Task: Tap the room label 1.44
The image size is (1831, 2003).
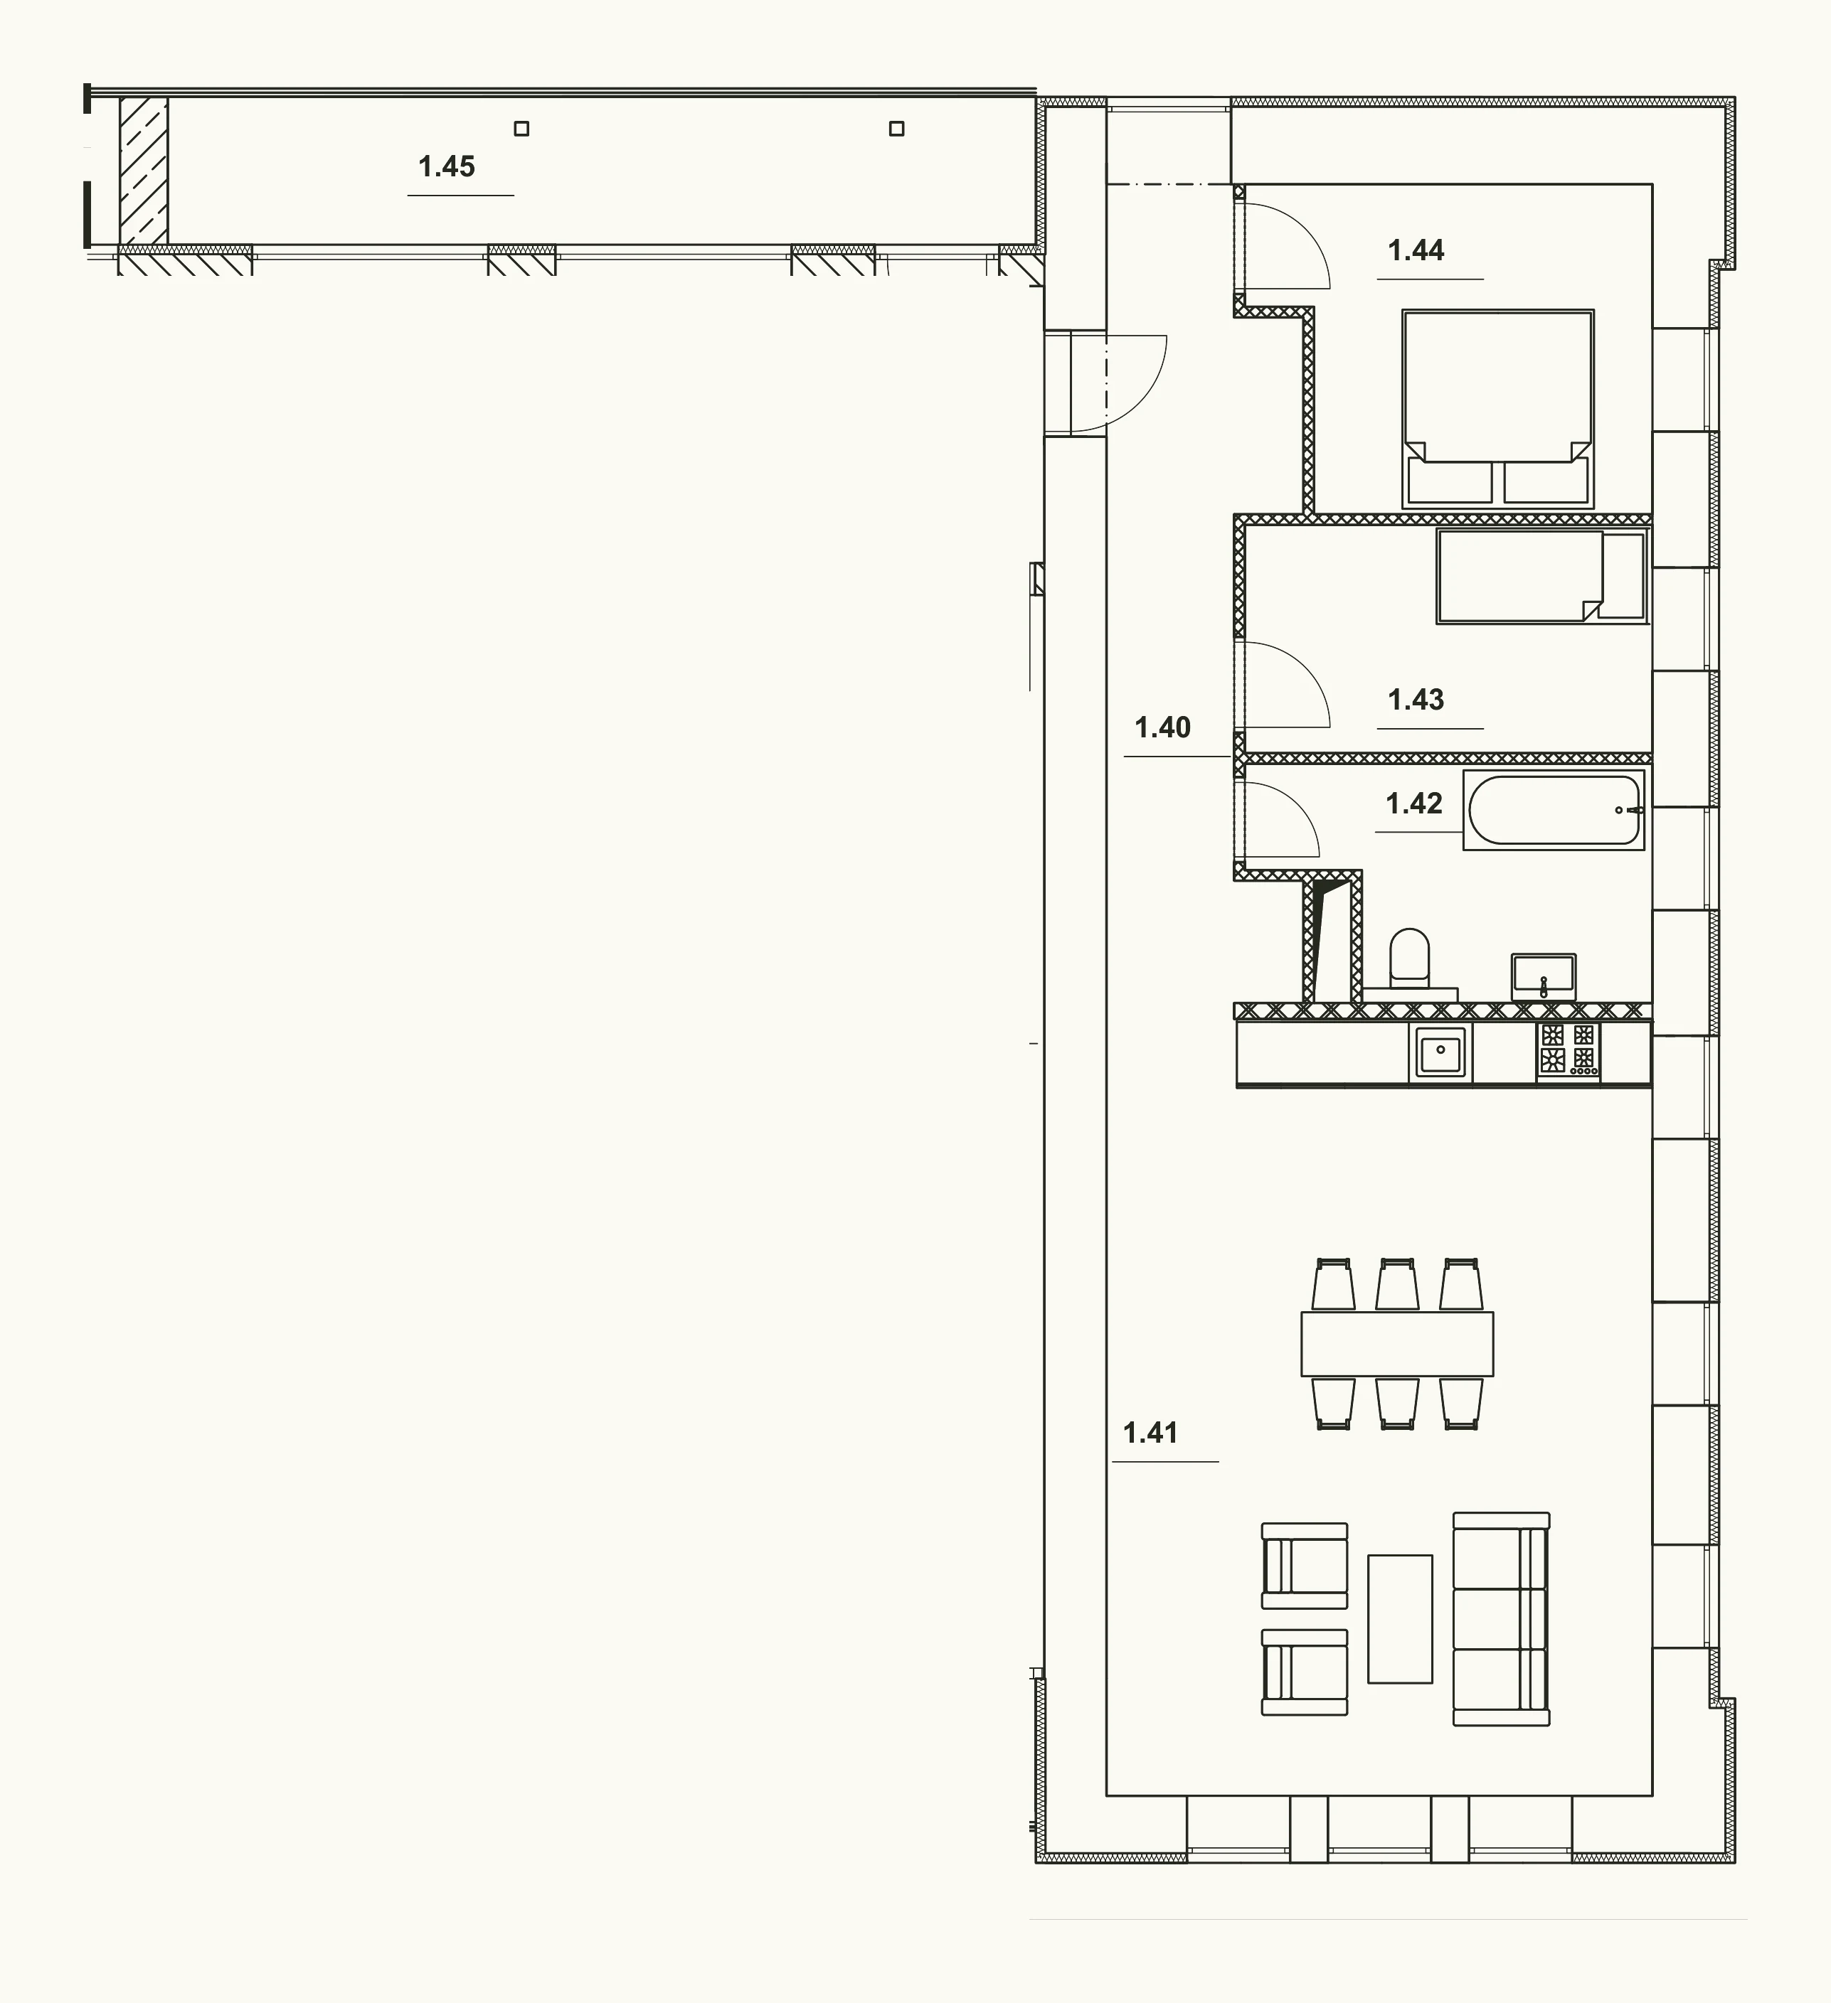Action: tap(1416, 250)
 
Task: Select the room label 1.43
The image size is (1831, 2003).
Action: tap(1416, 700)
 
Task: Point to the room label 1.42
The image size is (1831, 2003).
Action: tap(1413, 803)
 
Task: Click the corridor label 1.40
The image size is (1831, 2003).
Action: tap(1162, 727)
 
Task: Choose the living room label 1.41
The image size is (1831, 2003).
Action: tap(1150, 1433)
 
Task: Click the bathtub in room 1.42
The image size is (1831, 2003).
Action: tap(1554, 810)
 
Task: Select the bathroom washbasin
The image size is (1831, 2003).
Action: tap(1543, 977)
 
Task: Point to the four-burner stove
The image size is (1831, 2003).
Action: tap(1569, 1049)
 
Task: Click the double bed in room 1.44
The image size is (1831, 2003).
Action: tap(1498, 410)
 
